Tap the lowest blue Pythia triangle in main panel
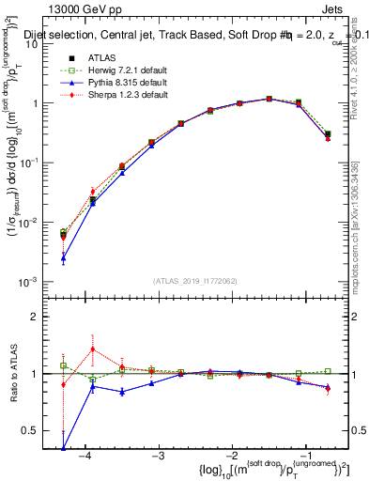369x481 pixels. click(63, 257)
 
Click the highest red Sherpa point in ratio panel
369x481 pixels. click(92, 349)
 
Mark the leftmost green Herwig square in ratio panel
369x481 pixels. click(63, 365)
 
